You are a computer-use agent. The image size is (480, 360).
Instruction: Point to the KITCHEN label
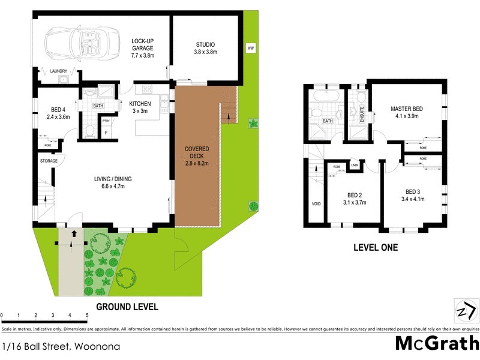(x=140, y=103)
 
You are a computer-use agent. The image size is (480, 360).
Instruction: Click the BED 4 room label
(x=58, y=109)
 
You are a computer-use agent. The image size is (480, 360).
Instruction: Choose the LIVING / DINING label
(x=112, y=179)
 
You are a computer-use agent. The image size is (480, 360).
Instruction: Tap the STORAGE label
(x=49, y=161)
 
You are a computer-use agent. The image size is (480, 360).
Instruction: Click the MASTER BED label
(x=406, y=109)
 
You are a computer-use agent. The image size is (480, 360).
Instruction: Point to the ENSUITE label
(x=362, y=114)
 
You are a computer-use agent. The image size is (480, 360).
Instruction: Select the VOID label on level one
(x=316, y=204)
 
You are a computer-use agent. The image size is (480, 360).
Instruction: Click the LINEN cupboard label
(x=355, y=165)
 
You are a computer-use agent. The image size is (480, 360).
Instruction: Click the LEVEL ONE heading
(x=375, y=247)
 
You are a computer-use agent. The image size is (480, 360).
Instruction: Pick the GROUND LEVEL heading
(x=128, y=307)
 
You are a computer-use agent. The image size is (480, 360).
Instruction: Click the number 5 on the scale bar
(x=87, y=315)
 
